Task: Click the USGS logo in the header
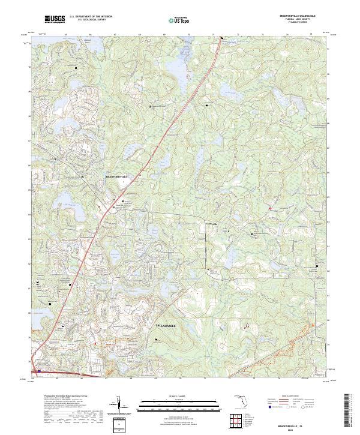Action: click(x=55, y=20)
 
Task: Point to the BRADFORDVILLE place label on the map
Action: click(x=117, y=178)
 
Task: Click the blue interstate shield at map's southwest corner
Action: click(x=40, y=371)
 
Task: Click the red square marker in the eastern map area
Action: click(x=270, y=208)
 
